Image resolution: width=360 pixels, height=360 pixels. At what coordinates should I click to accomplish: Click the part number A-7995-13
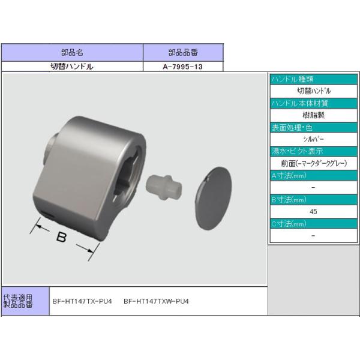tap(182, 67)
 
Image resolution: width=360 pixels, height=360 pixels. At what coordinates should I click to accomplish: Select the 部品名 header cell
tap(72, 52)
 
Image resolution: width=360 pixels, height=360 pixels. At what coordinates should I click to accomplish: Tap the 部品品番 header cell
tap(182, 52)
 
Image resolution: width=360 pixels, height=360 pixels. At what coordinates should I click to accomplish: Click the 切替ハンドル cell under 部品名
tap(72, 67)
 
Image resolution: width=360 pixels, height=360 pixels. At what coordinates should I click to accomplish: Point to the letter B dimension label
tap(61, 238)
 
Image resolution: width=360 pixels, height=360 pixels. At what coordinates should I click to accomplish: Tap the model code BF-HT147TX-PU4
tap(82, 301)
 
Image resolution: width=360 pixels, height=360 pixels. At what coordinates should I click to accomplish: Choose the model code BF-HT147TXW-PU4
tap(156, 301)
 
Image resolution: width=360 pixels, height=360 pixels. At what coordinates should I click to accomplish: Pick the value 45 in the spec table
tap(313, 211)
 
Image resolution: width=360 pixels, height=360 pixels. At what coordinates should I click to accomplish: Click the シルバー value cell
tap(313, 139)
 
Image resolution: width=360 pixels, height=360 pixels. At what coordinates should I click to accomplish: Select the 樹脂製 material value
tap(313, 115)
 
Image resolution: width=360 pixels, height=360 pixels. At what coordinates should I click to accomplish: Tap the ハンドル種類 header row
tap(313, 79)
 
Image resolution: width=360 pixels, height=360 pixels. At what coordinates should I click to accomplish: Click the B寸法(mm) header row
tap(313, 199)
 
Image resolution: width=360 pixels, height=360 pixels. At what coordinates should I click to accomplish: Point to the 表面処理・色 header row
tap(313, 127)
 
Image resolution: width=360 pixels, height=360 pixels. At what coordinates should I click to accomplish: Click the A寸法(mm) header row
tap(313, 175)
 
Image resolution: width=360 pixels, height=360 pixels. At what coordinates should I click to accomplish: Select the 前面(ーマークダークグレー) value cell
tap(313, 163)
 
